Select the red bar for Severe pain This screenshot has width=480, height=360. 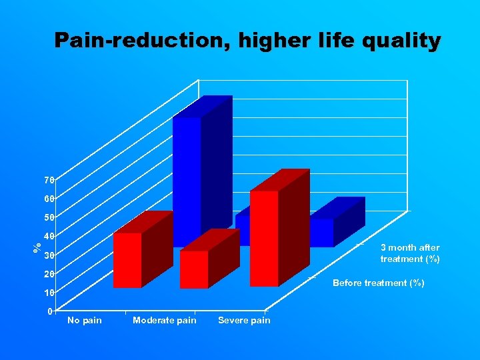[264, 238]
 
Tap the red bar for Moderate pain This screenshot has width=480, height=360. [194, 269]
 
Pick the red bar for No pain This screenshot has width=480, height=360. [127, 260]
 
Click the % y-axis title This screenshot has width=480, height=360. [37, 246]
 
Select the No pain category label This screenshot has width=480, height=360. [85, 321]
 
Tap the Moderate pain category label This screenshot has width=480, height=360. [165, 321]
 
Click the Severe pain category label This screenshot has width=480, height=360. [244, 321]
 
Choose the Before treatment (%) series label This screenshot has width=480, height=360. [378, 283]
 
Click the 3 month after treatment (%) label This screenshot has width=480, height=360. [409, 253]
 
